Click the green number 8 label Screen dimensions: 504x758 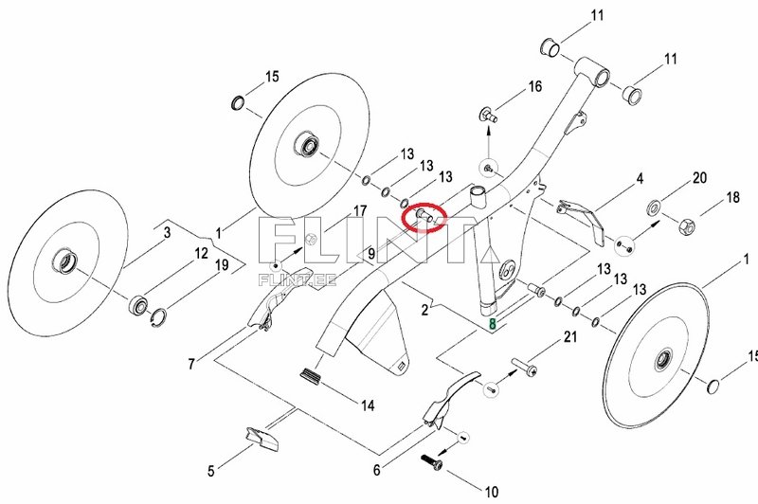pos(492,324)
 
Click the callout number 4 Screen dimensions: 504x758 pos(640,178)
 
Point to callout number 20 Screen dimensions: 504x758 pos(700,177)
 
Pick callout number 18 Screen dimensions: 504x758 pos(732,198)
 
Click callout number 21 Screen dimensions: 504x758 pos(570,337)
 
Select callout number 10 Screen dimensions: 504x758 pos(491,491)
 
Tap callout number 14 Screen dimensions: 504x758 pos(368,405)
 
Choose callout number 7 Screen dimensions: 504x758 pos(191,363)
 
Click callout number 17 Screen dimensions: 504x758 pos(360,209)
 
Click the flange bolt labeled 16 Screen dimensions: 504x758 pos(488,116)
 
